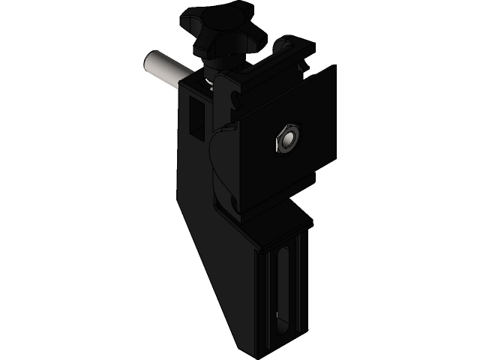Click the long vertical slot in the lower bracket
pos(282,285)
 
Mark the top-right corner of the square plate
pos(334,67)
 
